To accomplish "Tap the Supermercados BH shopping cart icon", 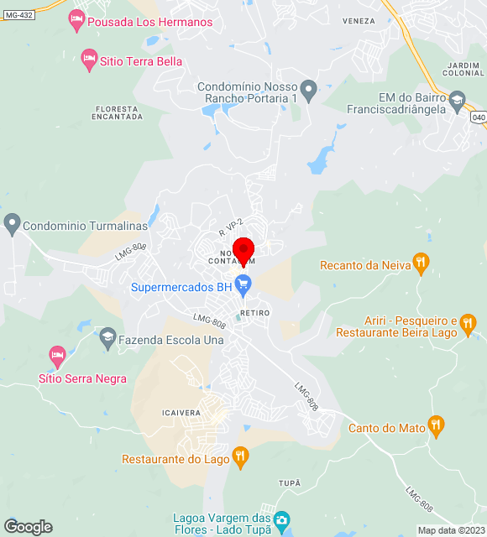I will point(244,286).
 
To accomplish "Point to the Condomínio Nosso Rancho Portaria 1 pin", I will point(308,88).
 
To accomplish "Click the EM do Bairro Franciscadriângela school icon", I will point(457,102).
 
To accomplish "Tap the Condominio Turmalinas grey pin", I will point(12,224).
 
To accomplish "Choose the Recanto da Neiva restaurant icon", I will point(422,264).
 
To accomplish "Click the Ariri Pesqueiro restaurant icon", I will point(468,322).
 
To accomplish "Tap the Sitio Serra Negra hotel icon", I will point(57,356).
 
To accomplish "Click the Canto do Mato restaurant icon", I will point(436,426).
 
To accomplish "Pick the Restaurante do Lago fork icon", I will point(240,457).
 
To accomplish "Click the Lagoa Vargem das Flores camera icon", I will point(282,522).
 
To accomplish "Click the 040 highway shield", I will point(476,117).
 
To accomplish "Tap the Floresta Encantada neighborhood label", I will point(118,112).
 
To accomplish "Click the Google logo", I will point(28,527).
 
